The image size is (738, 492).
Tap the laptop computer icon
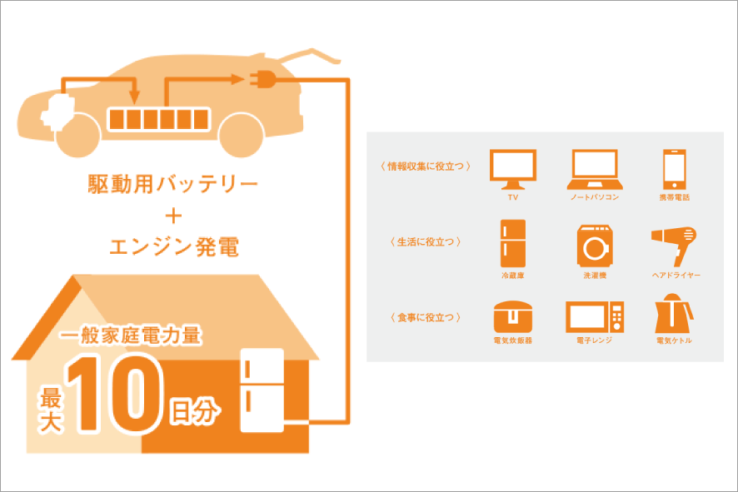594,169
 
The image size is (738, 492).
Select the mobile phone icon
674,169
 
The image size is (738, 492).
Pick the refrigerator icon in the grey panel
513,242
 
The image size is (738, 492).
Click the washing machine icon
594,243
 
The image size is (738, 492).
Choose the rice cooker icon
513,316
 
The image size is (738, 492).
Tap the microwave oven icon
594,316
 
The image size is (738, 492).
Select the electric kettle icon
674,316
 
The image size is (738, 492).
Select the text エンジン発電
172,246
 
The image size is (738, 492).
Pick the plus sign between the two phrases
173,216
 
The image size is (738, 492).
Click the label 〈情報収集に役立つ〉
424,166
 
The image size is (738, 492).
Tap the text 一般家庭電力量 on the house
132,337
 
